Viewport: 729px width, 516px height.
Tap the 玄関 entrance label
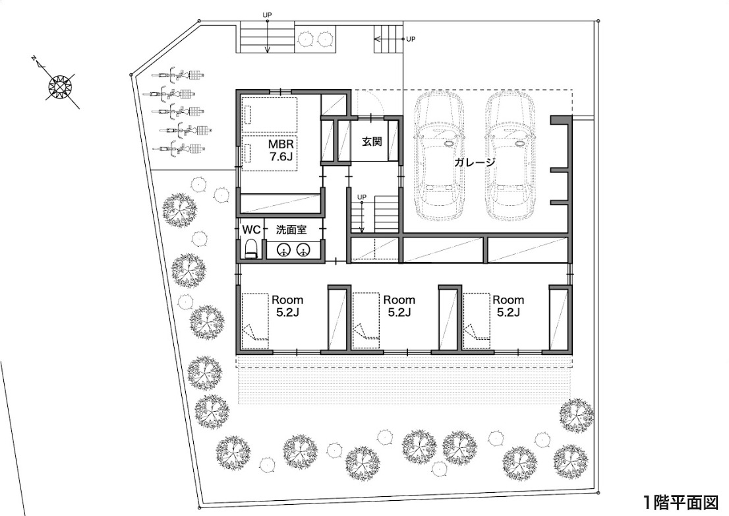pos(372,141)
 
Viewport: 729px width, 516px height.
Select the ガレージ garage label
pos(475,162)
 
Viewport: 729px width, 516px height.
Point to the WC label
pos(251,230)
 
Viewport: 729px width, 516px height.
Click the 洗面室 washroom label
pos(291,230)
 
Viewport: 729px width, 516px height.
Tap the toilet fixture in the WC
pos(250,249)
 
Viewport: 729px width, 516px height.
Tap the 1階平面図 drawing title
pos(681,503)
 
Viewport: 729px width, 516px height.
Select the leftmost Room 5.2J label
pos(287,306)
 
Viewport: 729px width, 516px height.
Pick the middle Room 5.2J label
pos(399,306)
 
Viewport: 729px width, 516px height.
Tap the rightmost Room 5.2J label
pos(508,306)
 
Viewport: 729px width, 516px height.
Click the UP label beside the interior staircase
pos(362,197)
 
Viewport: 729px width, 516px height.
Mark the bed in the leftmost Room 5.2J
pos(255,321)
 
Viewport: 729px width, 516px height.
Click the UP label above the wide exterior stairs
pos(267,15)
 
